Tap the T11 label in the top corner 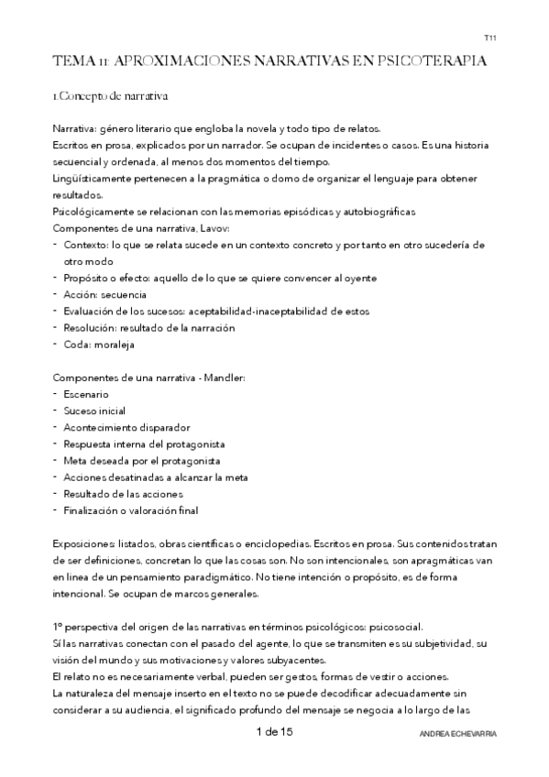(x=489, y=39)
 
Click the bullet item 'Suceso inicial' (x=94, y=410)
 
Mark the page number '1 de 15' (x=274, y=732)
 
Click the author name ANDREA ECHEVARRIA (x=456, y=736)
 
